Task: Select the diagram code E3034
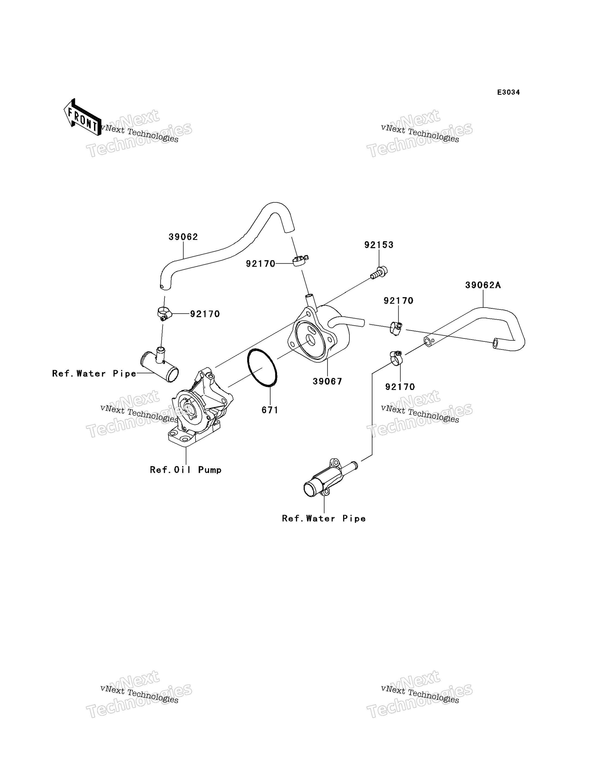tap(508, 92)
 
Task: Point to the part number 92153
tap(379, 245)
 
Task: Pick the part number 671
tap(270, 410)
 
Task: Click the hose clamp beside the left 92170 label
tap(164, 313)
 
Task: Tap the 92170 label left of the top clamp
tap(261, 264)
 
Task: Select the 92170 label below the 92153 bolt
tap(398, 301)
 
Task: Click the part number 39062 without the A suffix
tap(183, 237)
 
